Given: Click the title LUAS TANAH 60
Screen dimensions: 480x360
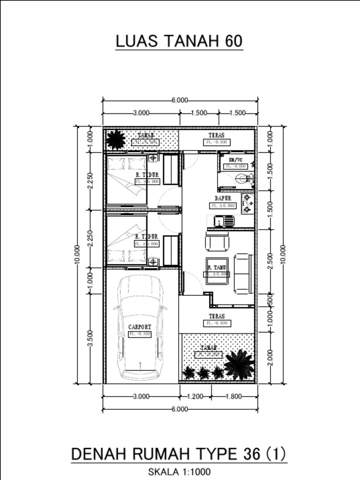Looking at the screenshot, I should [179, 41].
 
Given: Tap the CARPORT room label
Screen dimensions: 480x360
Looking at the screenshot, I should [140, 327].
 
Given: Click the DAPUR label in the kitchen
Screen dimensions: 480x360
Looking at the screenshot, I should [223, 199].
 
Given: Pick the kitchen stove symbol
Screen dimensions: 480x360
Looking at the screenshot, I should [247, 204].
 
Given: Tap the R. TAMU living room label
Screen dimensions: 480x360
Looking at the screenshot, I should [217, 268].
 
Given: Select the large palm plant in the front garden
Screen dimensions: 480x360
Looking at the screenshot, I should [239, 364].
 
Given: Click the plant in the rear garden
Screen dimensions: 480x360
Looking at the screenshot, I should [115, 139].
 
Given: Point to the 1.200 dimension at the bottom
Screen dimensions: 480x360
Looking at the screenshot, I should [195, 397].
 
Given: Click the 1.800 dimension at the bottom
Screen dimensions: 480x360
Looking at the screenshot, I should [234, 397].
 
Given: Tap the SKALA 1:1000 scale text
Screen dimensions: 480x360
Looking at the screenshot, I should [179, 472].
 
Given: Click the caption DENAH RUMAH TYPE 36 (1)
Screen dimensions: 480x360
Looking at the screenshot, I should [179, 454].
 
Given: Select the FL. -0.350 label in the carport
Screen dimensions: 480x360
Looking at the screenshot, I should [140, 334].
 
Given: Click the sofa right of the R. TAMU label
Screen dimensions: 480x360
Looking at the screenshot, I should [243, 274].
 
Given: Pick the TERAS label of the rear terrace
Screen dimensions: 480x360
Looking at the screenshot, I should [217, 135].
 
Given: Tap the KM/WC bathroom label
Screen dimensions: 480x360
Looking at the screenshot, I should [235, 160].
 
